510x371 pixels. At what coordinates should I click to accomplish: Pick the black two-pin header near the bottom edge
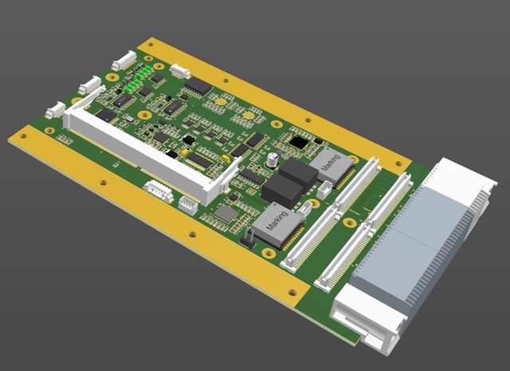[249, 236]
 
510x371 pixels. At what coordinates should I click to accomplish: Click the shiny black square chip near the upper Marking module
[299, 142]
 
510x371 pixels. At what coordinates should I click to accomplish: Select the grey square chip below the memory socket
[228, 213]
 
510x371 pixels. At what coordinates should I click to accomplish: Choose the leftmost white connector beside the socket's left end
[57, 110]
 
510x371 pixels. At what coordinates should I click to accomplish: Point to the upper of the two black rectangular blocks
[296, 171]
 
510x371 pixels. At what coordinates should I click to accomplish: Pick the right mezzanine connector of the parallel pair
[363, 231]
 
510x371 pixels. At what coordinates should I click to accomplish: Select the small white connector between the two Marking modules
[323, 190]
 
